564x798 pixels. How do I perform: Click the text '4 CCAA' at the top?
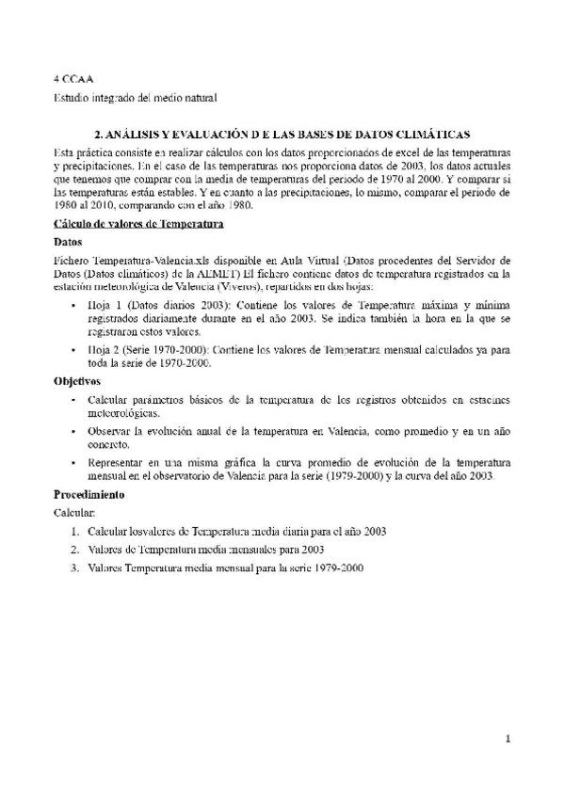72,79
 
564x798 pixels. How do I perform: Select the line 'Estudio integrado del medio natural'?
135,97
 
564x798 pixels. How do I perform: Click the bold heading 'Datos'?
68,242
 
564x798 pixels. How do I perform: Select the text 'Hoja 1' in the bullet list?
103,307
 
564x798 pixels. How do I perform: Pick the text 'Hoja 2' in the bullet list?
103,350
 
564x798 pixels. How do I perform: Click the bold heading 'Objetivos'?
77,382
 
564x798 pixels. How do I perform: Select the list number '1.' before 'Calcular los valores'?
74,532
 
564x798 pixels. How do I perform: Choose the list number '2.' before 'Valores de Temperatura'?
74,550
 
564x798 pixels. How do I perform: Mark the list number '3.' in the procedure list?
74,568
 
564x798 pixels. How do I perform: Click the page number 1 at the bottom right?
508,739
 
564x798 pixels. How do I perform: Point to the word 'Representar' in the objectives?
117,463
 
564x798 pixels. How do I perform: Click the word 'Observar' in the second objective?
110,431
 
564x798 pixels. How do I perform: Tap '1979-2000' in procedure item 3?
340,568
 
